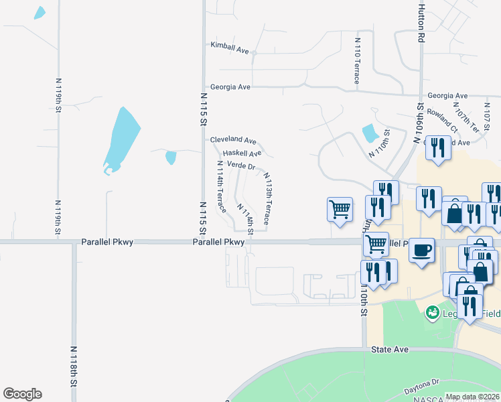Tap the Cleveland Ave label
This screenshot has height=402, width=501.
(233, 141)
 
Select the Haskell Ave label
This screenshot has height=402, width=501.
(242, 153)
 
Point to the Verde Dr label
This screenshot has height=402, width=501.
(241, 165)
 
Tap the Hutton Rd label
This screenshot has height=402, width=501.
(421, 23)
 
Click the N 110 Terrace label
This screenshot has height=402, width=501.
(357, 61)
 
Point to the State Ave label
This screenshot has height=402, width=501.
(389, 350)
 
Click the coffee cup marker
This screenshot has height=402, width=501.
(421, 251)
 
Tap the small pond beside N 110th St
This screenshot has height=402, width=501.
(370, 133)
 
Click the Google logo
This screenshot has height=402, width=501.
(22, 394)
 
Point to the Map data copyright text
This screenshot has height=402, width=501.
(473, 397)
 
